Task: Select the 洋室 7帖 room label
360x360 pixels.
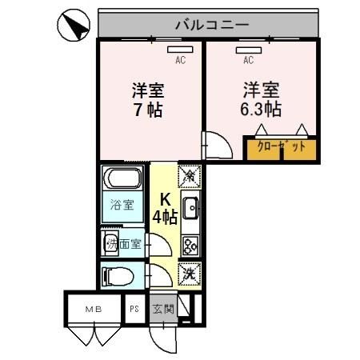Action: [x=148, y=98]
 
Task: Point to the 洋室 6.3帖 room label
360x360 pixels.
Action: [x=261, y=97]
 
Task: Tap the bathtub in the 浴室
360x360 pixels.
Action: [x=122, y=179]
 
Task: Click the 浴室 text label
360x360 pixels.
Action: [x=122, y=205]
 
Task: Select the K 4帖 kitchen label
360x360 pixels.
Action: [x=166, y=207]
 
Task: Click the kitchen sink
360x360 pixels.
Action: [x=190, y=209]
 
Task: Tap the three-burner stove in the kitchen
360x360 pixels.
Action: [x=190, y=244]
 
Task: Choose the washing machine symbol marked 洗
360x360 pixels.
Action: [x=190, y=272]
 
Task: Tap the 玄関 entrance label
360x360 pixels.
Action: [x=162, y=307]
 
